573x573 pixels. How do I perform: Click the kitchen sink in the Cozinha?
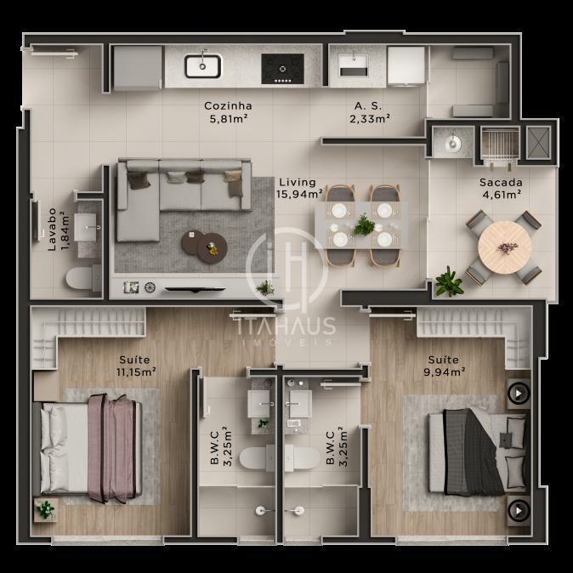203,66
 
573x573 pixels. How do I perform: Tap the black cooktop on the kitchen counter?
282,69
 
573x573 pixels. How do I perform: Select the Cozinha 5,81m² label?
228,112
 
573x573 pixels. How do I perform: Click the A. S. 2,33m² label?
369,112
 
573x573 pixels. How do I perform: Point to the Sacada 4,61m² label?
501,188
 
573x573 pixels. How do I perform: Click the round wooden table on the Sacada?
504,247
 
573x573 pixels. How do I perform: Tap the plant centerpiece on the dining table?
364,225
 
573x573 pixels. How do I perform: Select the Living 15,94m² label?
299,188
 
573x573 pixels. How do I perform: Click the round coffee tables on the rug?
204,247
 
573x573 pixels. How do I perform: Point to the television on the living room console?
196,289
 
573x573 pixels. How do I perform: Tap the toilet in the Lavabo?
83,278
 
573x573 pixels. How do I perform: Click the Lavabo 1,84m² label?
58,230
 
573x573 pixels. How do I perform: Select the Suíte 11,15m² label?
136,366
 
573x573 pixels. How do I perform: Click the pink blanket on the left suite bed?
111,448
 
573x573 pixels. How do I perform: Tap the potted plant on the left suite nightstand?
46,509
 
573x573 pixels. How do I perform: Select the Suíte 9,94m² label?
444,366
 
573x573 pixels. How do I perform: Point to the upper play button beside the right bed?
519,394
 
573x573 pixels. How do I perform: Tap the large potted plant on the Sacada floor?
449,281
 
